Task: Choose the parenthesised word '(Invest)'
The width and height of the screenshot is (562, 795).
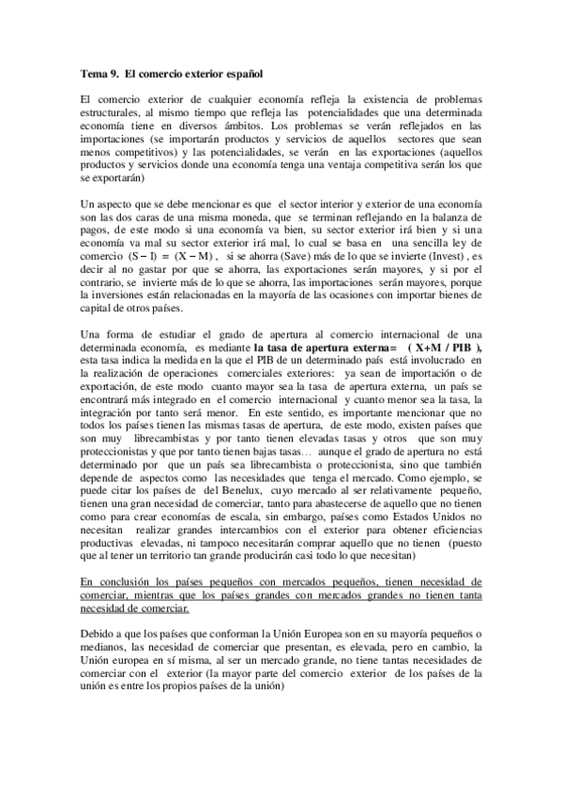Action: pyautogui.click(x=439, y=256)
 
